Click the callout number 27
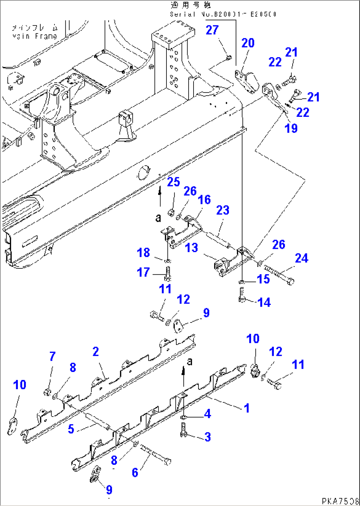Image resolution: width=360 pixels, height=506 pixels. [x=212, y=30]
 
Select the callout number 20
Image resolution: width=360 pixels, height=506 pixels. [x=248, y=43]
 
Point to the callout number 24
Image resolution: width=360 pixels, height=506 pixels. [x=302, y=258]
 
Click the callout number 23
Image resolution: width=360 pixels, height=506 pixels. [x=223, y=210]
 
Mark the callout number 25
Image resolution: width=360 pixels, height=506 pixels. [x=173, y=182]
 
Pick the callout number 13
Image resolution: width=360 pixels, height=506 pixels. [x=192, y=247]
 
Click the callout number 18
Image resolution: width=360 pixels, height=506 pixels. [x=144, y=253]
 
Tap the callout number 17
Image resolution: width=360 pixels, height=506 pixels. [x=143, y=272]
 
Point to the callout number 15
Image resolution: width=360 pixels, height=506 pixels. [x=264, y=279]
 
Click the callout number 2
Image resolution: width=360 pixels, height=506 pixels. [x=95, y=352]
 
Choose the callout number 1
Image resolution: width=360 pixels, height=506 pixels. [x=246, y=408]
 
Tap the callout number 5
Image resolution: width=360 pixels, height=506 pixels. [x=71, y=429]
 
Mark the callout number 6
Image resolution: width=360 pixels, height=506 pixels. [x=135, y=472]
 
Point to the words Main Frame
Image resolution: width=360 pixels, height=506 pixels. [x=35, y=36]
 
